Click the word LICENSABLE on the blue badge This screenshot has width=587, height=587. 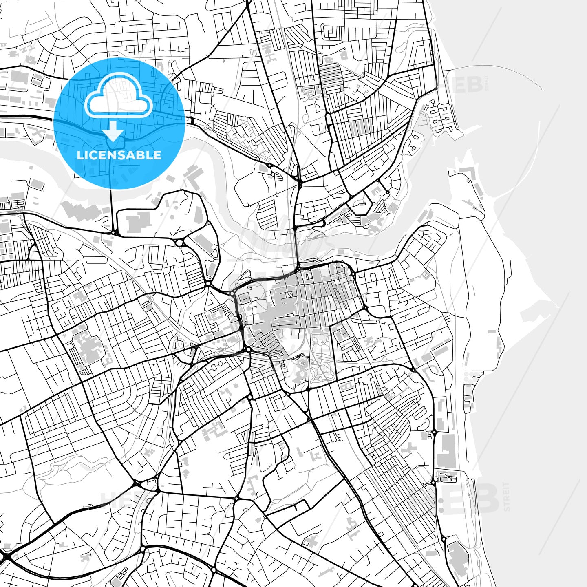tap(119, 155)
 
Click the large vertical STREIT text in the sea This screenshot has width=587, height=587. tap(507, 496)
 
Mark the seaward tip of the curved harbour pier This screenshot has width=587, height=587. tap(542, 89)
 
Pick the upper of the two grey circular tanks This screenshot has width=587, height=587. tap(440, 500)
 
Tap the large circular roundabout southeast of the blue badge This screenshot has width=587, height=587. tap(179, 243)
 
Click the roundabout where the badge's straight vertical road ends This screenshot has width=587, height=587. tap(113, 232)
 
